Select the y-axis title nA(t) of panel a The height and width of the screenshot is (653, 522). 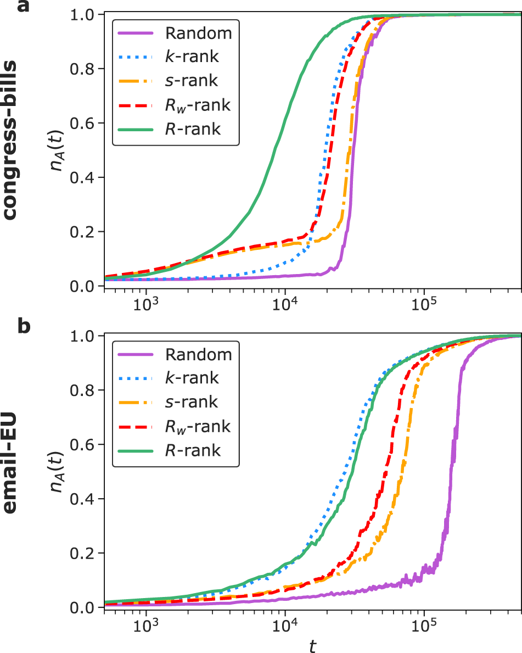click(59, 149)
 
